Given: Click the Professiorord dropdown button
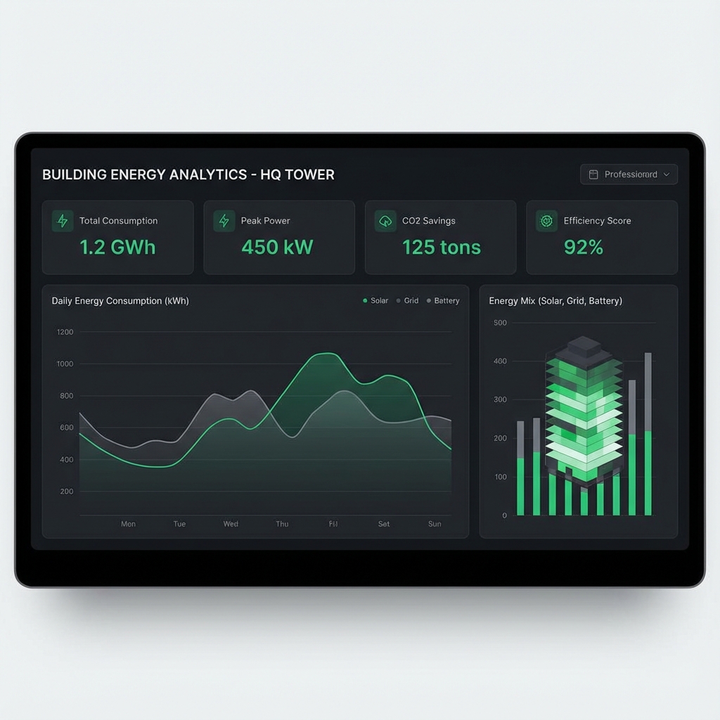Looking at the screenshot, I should click(629, 174).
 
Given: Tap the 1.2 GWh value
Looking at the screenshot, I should click(117, 247).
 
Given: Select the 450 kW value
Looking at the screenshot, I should click(277, 247).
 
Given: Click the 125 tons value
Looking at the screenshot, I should click(442, 247).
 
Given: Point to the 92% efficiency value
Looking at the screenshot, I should click(584, 247).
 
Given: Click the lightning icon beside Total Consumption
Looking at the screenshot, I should click(63, 221).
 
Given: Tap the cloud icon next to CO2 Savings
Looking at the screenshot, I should click(385, 221).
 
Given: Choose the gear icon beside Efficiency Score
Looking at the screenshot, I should click(546, 221).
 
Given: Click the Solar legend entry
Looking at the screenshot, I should click(375, 301).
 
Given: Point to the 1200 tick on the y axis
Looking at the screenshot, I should click(65, 332).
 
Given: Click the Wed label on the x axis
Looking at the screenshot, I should click(231, 524).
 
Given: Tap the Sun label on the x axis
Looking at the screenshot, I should click(435, 524).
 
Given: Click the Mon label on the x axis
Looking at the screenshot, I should click(128, 524).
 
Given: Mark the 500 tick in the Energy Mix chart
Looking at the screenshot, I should click(500, 323).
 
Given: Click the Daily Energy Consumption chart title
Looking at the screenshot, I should click(120, 301).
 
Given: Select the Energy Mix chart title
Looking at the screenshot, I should click(555, 301).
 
